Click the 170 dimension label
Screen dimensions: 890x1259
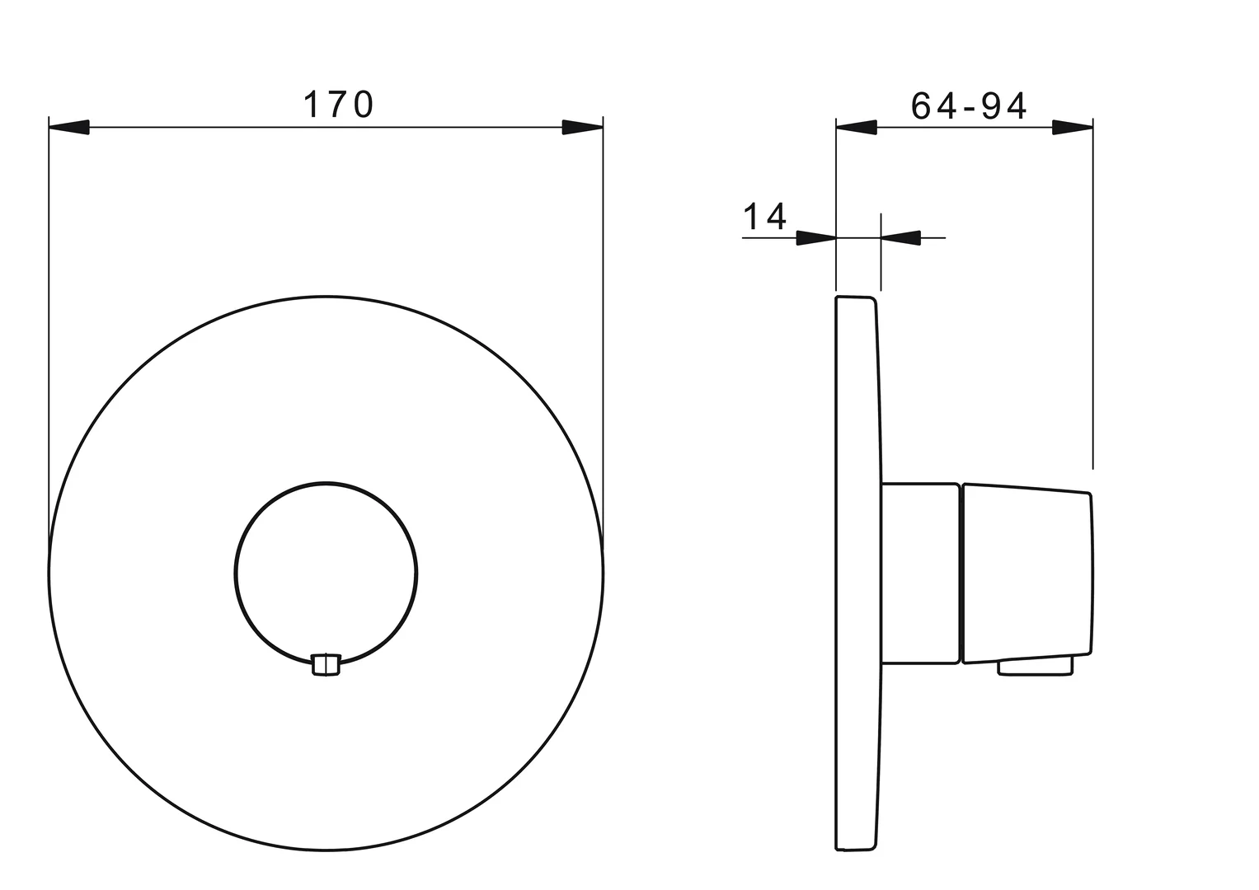[339, 105]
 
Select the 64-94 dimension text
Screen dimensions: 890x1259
[969, 105]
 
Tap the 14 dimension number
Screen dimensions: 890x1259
[765, 216]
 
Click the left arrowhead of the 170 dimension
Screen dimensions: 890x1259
[69, 128]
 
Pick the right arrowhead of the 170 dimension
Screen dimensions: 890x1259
[582, 128]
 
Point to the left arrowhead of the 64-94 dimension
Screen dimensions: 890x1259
[857, 128]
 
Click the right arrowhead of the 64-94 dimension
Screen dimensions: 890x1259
[1073, 128]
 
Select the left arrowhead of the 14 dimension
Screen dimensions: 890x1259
[816, 238]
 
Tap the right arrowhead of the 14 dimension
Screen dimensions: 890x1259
[900, 238]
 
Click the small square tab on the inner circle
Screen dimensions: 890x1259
[326, 665]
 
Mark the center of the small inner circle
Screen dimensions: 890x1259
[326, 573]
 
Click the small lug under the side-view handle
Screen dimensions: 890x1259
[1036, 667]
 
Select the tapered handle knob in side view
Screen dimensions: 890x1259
[1027, 574]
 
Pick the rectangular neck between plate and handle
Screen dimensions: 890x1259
[920, 573]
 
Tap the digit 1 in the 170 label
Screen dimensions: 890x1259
[312, 105]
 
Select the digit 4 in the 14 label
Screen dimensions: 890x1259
[776, 216]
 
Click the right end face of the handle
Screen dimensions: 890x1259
[1092, 574]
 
